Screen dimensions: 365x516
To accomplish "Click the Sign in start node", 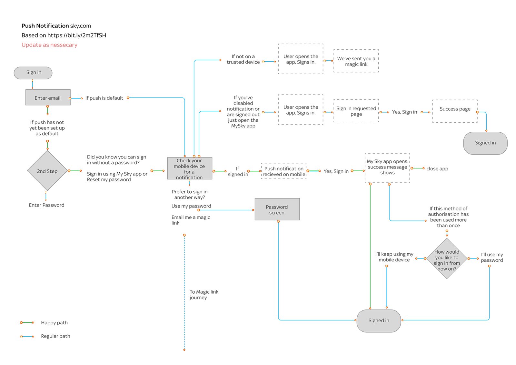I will pyautogui.click(x=33, y=73).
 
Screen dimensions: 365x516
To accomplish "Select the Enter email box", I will pyautogui.click(x=48, y=98).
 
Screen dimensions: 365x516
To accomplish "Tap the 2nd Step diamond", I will pyautogui.click(x=47, y=171).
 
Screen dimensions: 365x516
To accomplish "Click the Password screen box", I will pyautogui.click(x=277, y=209).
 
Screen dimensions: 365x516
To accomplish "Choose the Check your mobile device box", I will pyautogui.click(x=190, y=168).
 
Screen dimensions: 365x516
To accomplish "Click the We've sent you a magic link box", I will pyautogui.click(x=356, y=61).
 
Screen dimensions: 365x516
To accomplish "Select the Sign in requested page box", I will pyautogui.click(x=356, y=111).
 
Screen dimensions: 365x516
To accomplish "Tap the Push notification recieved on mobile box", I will pyautogui.click(x=284, y=171).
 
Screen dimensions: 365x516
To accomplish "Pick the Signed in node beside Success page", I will pyautogui.click(x=485, y=143).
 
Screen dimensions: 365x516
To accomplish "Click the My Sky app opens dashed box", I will pyautogui.click(x=387, y=167).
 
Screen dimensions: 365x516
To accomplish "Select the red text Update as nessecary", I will pyautogui.click(x=49, y=45).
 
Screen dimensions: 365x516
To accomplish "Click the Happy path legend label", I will pyautogui.click(x=54, y=323).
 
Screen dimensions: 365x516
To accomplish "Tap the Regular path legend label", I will pyautogui.click(x=55, y=336).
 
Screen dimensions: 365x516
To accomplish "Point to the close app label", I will pyautogui.click(x=437, y=169).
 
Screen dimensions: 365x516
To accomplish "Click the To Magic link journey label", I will pyautogui.click(x=203, y=295).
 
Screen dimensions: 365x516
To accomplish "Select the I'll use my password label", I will pyautogui.click(x=492, y=258).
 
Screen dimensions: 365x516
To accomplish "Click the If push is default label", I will pyautogui.click(x=104, y=98).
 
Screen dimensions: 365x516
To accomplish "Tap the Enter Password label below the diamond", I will pyautogui.click(x=46, y=205).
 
